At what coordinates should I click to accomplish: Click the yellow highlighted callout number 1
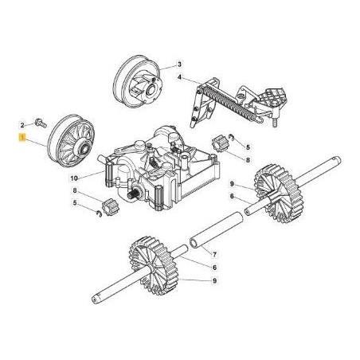tap(23, 138)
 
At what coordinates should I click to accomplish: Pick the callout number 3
tap(179, 63)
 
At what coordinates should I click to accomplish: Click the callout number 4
tap(180, 77)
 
